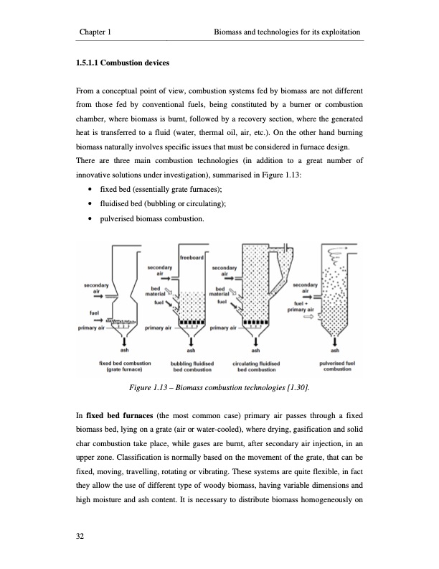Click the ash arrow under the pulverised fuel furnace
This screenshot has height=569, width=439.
coord(334,341)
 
